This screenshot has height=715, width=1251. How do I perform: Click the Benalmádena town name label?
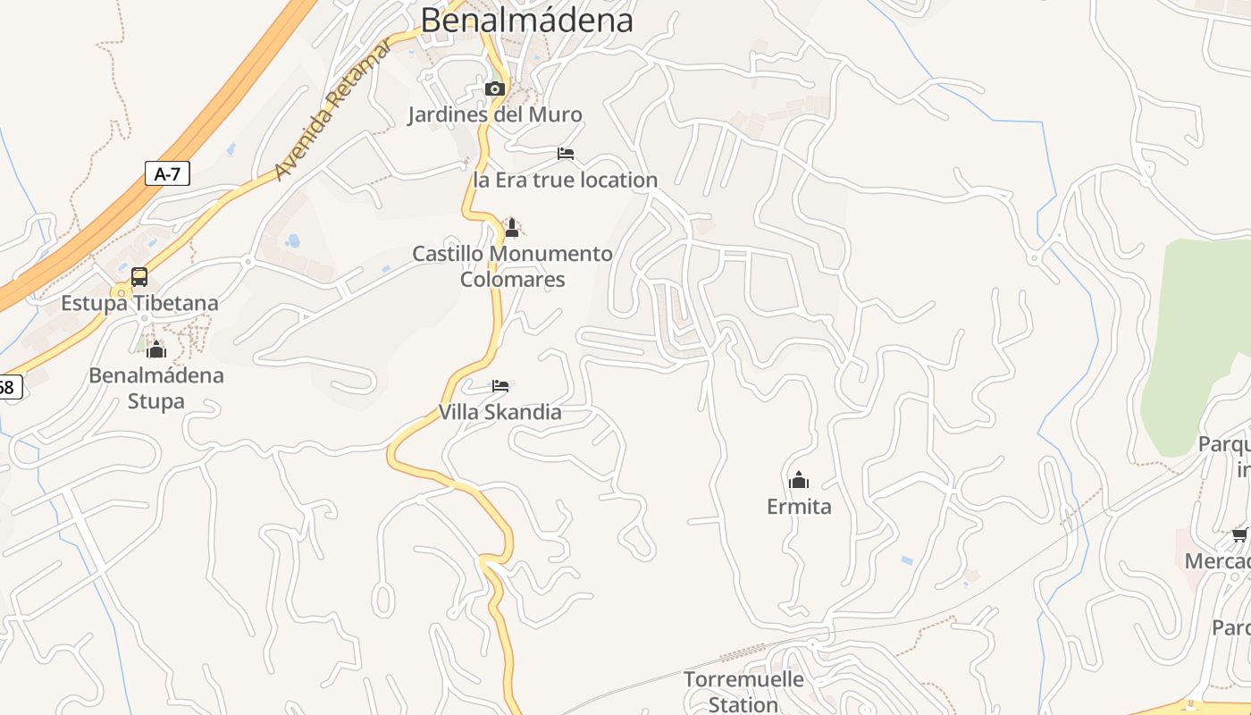[x=526, y=20]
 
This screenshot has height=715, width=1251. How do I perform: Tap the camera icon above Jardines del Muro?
[x=494, y=88]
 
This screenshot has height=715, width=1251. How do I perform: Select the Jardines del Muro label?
[x=495, y=114]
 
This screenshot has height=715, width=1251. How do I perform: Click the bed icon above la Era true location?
[x=566, y=154]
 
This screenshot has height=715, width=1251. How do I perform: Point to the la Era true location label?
[x=565, y=180]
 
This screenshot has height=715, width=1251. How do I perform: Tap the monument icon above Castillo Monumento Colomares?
[x=512, y=228]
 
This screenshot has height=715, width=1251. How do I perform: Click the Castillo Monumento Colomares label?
[x=513, y=266]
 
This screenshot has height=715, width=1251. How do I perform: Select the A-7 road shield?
[x=167, y=173]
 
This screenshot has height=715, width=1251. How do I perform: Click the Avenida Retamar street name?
[x=332, y=111]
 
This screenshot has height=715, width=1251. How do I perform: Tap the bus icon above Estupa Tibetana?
[x=139, y=277]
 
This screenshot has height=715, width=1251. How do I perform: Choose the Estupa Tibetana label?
[x=139, y=303]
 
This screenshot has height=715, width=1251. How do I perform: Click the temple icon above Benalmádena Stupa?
[x=156, y=349]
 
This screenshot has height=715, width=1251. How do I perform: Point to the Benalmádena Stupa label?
[x=156, y=387]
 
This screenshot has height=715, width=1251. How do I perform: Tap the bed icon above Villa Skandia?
[x=500, y=386]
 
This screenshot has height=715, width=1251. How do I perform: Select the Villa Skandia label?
[x=500, y=412]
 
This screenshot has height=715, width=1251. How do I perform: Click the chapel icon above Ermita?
[x=799, y=481]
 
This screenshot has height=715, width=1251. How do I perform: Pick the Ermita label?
[x=799, y=507]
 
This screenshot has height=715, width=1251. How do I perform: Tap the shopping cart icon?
[x=1239, y=535]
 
